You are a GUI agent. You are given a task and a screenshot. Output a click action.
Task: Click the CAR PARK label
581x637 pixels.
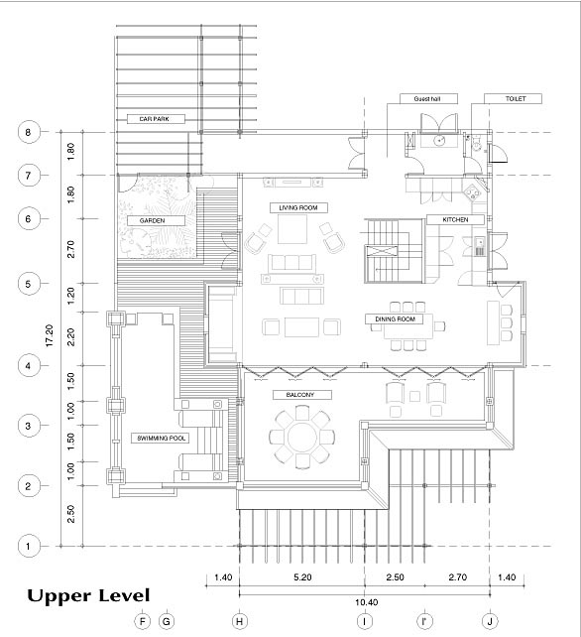coord(156,119)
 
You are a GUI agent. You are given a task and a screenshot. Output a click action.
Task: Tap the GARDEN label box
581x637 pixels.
coord(156,220)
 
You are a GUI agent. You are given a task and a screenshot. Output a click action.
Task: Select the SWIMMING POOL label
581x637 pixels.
coord(160,439)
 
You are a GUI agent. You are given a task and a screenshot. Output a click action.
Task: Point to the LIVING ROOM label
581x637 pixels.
coord(298,208)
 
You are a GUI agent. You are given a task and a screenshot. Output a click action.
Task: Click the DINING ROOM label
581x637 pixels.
coord(394,319)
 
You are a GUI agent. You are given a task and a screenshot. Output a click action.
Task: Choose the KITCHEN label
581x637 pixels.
coord(455,220)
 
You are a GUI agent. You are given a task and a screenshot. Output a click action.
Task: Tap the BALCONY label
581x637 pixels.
coord(302,395)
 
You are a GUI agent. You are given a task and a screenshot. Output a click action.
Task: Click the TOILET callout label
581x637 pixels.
coord(513,98)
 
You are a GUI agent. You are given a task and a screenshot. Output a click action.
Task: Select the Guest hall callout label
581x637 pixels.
coord(428,98)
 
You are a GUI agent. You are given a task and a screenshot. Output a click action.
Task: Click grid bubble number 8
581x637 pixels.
coord(29,132)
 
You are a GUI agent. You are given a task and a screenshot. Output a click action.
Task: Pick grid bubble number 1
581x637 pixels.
coord(29,546)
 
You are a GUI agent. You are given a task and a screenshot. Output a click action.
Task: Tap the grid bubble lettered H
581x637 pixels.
coord(240,621)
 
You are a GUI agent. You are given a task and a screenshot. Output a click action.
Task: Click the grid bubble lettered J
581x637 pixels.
coord(490,621)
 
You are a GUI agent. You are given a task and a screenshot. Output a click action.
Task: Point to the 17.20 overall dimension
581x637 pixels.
coord(50,335)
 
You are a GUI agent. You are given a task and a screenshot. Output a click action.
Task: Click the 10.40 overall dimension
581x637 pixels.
coord(366,602)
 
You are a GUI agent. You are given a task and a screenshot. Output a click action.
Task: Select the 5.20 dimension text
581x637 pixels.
coord(302,577)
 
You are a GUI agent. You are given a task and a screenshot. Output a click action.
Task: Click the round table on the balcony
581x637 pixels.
coord(302,438)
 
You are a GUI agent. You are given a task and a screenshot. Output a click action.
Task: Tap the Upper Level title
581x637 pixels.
coord(88,596)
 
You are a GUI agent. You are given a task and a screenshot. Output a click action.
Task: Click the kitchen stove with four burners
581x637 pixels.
coord(473,191)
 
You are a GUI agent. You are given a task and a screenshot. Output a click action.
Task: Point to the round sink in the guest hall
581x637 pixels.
coord(439,141)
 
